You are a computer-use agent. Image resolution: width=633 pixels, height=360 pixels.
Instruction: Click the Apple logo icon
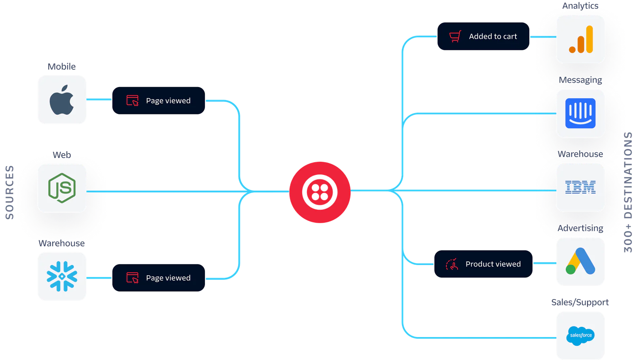click(x=62, y=100)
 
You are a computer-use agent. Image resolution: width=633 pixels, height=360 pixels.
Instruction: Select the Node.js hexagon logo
click(x=62, y=188)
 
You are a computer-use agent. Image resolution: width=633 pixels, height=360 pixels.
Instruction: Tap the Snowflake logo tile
click(x=62, y=277)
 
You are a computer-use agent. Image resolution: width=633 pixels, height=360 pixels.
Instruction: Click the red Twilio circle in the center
click(x=320, y=192)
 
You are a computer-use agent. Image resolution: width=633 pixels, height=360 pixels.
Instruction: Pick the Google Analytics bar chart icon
click(x=581, y=39)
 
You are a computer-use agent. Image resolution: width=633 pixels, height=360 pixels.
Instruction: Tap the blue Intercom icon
click(x=580, y=113)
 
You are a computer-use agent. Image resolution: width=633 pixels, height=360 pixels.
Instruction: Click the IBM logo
click(x=580, y=187)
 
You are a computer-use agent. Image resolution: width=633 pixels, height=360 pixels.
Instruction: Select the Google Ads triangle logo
click(x=580, y=261)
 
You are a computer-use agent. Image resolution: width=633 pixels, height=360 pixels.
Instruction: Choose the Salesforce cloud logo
click(x=580, y=335)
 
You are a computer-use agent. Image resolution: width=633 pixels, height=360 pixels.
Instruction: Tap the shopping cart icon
click(x=455, y=37)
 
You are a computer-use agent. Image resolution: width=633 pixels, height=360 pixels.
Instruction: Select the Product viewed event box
click(x=483, y=264)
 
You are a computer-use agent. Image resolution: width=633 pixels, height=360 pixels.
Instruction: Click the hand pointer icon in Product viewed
click(x=452, y=264)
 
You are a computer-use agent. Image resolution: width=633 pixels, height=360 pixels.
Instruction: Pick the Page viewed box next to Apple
click(x=159, y=100)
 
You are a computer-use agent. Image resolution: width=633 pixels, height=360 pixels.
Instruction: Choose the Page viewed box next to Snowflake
click(x=159, y=278)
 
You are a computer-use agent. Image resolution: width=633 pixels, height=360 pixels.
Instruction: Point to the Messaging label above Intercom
click(x=580, y=80)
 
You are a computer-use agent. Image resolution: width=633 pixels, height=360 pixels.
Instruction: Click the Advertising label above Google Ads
click(x=580, y=228)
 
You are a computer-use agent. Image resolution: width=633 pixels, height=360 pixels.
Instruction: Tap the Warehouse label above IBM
click(x=580, y=154)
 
